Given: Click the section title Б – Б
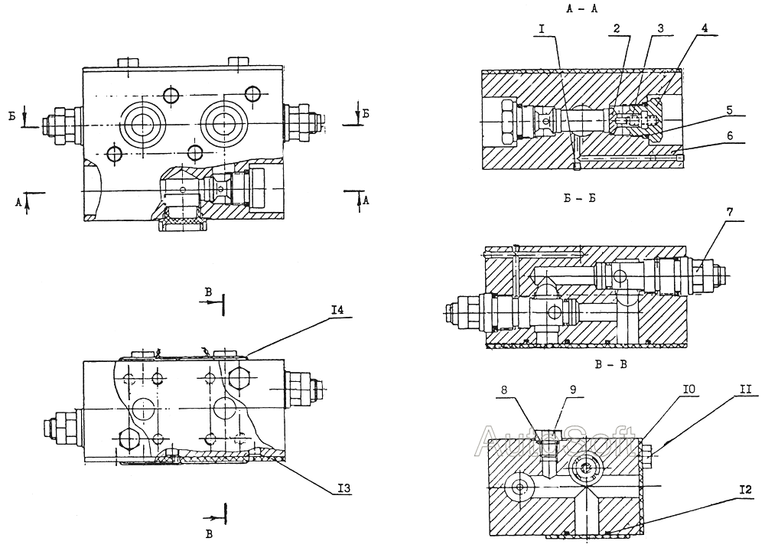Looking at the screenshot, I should [580, 199].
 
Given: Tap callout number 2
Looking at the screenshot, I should [615, 28].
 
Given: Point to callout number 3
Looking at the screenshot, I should [659, 28].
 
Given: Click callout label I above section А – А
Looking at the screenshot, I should [542, 28].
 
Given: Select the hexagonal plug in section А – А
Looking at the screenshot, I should [507, 120].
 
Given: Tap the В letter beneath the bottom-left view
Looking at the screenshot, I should [208, 535].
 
